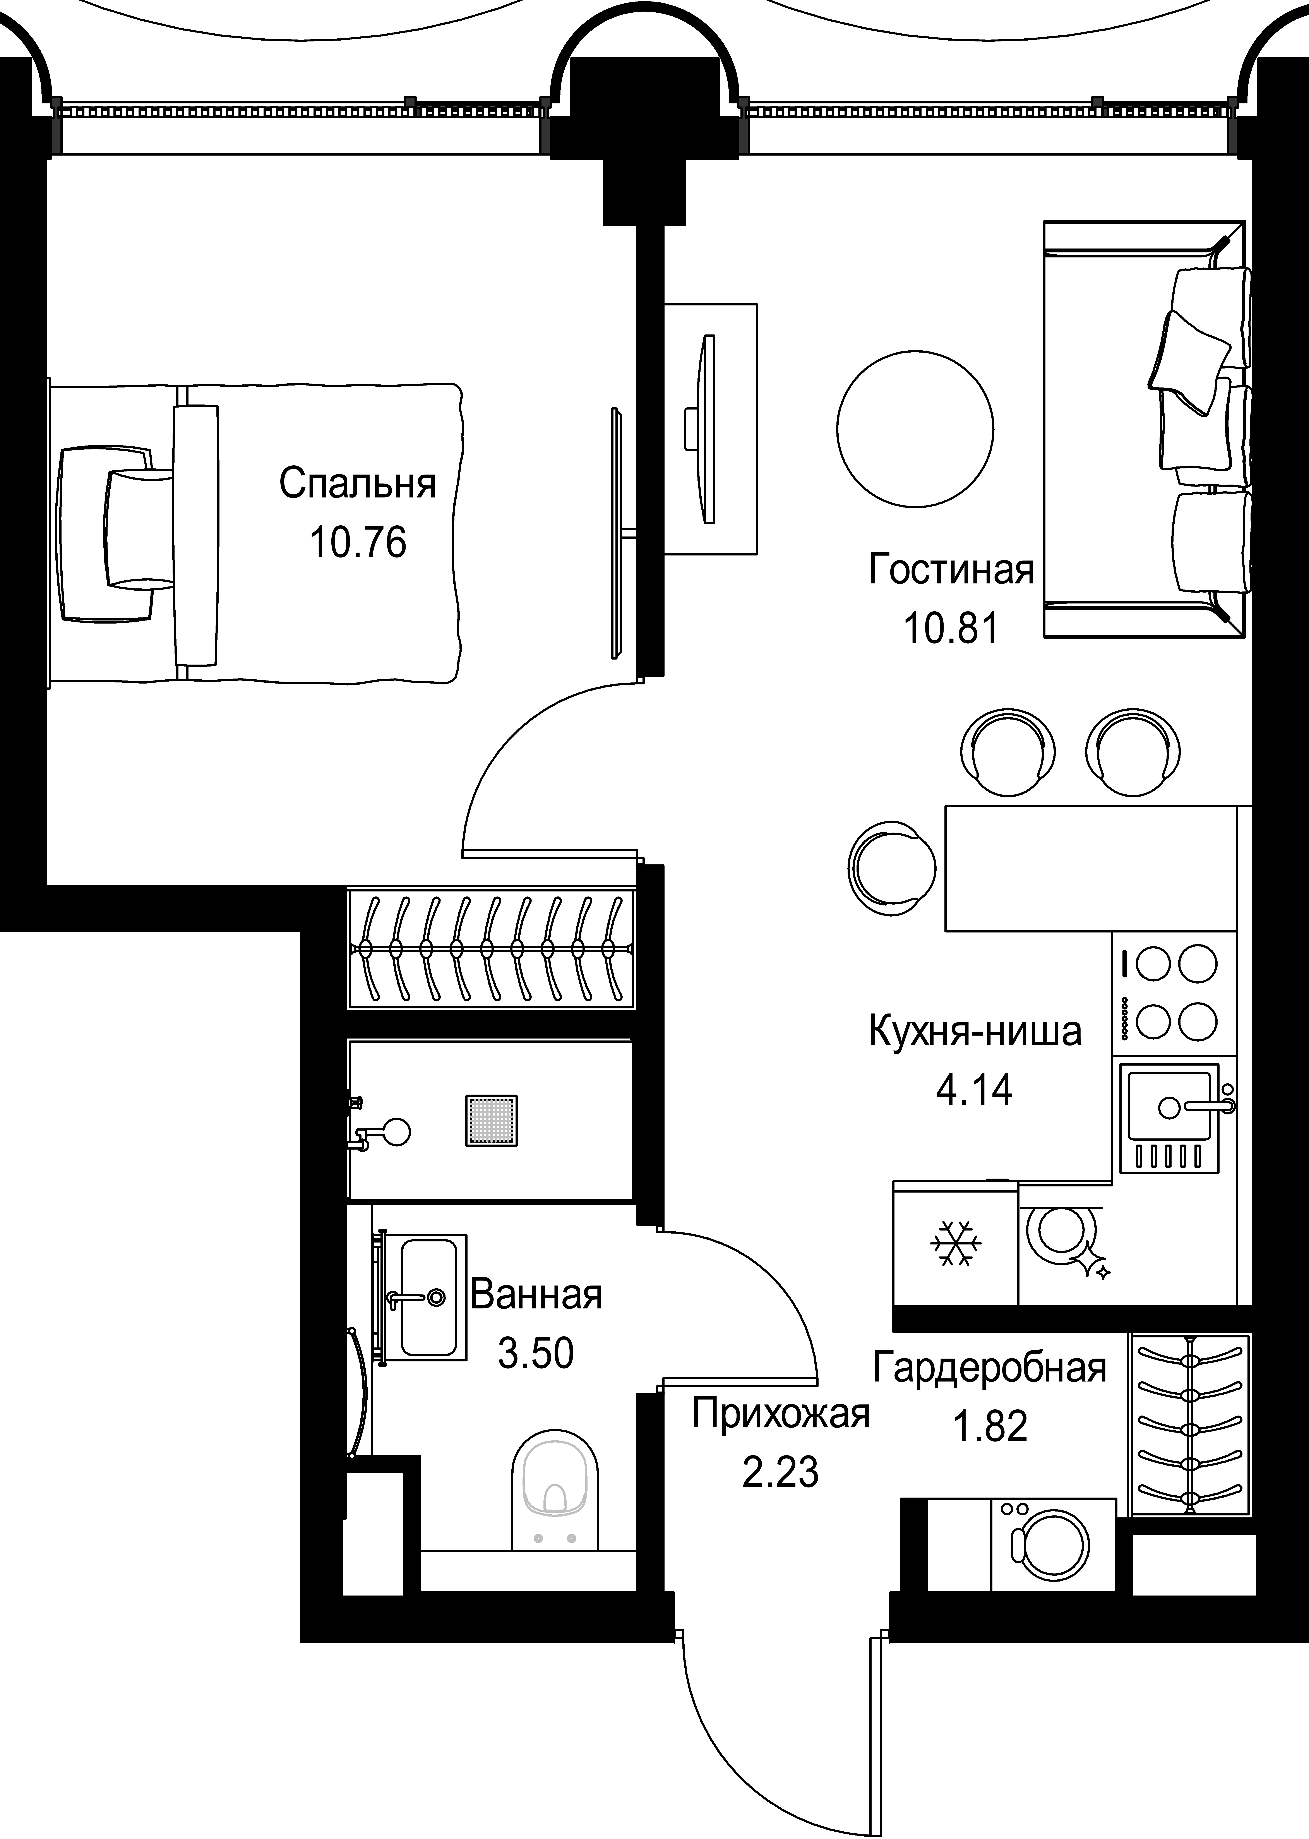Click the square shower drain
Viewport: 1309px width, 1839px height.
(x=491, y=1120)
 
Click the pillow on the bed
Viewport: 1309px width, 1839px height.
(x=139, y=528)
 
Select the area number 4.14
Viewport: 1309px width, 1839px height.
(x=975, y=1090)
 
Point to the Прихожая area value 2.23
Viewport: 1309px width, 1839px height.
(x=780, y=1472)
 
